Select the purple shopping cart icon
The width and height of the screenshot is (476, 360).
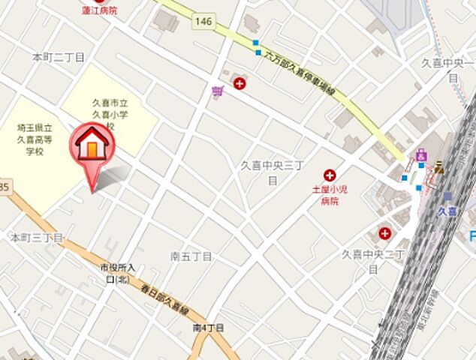pyautogui.click(x=218, y=91)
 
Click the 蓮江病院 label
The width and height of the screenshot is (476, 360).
pyautogui.click(x=99, y=10)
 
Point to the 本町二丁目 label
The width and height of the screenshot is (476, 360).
pyautogui.click(x=59, y=57)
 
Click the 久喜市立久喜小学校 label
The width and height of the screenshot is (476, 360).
pyautogui.click(x=110, y=113)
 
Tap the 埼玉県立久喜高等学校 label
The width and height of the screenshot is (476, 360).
pyautogui.click(x=35, y=139)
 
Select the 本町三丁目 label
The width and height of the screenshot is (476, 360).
pyautogui.click(x=36, y=237)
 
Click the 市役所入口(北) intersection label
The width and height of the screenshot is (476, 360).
pyautogui.click(x=118, y=273)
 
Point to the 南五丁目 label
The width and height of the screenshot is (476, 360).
pyautogui.click(x=191, y=256)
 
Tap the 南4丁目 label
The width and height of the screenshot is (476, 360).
pyautogui.click(x=209, y=328)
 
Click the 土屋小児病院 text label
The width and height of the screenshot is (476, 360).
pyautogui.click(x=330, y=195)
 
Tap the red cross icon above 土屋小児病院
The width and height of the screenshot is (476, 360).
pyautogui.click(x=329, y=174)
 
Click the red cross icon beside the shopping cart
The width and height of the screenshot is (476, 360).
pyautogui.click(x=240, y=84)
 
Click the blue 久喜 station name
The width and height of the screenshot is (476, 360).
pyautogui.click(x=449, y=212)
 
